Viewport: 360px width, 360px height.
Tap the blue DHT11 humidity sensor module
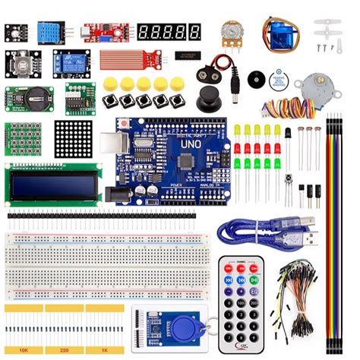coord(49,32)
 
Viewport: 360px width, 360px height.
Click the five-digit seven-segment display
coord(169,32)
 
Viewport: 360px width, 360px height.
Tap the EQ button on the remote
coord(254,290)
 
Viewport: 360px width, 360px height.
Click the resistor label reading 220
coord(64,352)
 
